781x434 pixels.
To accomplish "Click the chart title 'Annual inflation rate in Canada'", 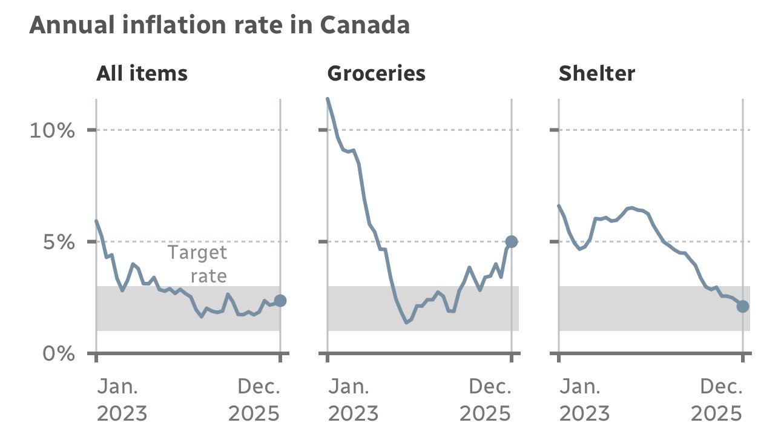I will click(x=219, y=25).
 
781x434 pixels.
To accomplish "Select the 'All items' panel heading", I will click(x=142, y=73).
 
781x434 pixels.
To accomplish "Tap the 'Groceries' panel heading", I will click(x=376, y=73).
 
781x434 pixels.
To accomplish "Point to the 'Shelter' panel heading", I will click(x=596, y=73).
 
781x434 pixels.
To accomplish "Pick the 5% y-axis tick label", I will click(x=58, y=242).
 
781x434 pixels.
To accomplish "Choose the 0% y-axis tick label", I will click(x=58, y=353).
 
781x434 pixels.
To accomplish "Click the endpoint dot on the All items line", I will click(x=280, y=301).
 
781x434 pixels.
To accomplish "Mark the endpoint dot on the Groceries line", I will click(x=512, y=241).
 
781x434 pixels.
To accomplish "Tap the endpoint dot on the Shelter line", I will click(x=743, y=306).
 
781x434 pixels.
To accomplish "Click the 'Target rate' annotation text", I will click(x=197, y=264).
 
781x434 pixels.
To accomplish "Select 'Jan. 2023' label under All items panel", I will click(x=122, y=400).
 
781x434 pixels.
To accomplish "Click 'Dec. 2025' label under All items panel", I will click(x=254, y=400).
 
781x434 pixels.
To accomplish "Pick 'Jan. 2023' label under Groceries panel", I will click(x=353, y=400).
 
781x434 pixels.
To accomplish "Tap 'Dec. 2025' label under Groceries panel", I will click(x=486, y=400).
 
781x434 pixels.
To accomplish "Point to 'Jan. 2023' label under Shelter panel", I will click(x=584, y=400).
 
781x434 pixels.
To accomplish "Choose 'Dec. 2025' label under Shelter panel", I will click(x=717, y=400).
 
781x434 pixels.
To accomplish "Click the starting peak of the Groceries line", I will click(x=328, y=99).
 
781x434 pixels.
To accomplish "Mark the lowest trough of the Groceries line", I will click(x=407, y=322).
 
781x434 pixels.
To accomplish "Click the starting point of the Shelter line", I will click(x=559, y=206).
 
